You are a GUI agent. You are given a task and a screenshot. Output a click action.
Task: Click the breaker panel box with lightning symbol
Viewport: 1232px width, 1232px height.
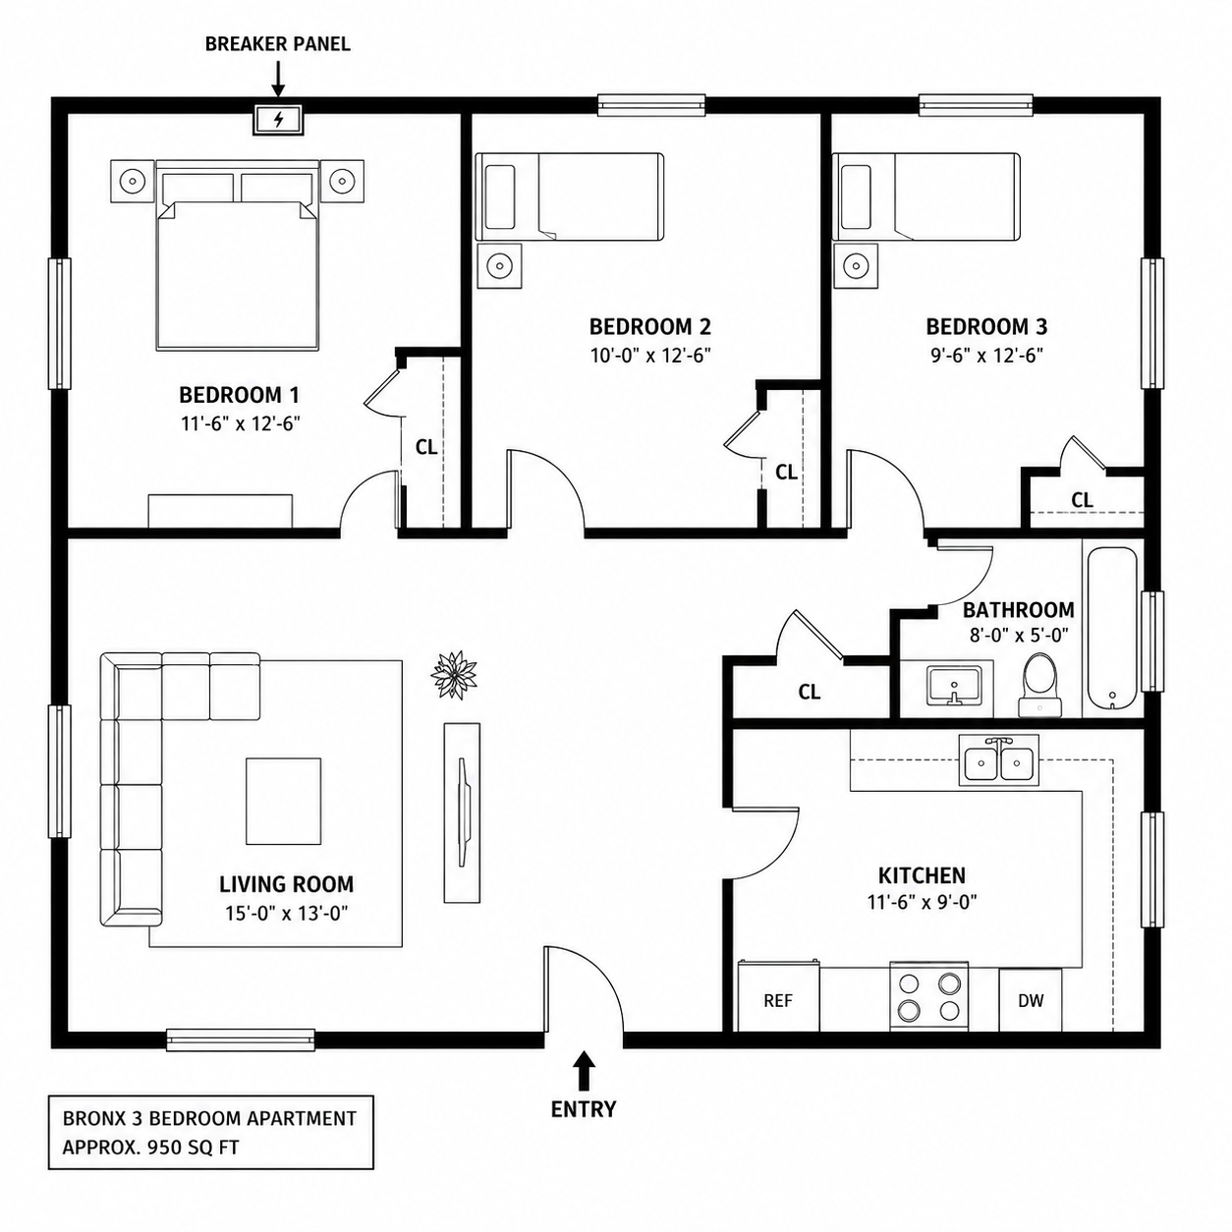(278, 119)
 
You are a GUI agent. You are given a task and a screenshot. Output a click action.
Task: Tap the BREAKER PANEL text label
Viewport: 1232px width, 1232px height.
(277, 44)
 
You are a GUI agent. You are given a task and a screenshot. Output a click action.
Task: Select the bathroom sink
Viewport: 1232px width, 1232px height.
(953, 686)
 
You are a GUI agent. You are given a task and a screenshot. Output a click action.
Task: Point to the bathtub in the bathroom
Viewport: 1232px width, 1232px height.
(1112, 627)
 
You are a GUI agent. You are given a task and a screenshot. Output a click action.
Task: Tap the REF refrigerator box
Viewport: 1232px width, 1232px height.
(778, 1000)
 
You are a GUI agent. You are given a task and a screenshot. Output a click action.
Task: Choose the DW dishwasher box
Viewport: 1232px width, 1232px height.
(1030, 999)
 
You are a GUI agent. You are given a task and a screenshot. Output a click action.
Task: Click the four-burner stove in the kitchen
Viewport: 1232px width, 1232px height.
(929, 996)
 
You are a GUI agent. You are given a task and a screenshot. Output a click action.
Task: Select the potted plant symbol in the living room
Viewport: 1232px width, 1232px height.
(455, 675)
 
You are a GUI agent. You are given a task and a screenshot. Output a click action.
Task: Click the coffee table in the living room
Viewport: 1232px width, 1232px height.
(283, 801)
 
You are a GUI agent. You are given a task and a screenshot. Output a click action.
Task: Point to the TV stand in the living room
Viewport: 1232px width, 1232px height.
(462, 812)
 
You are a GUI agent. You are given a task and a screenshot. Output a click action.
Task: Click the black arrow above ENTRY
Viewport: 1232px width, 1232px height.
(583, 1070)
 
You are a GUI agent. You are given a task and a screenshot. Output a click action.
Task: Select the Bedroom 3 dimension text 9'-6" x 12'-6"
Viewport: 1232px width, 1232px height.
(986, 355)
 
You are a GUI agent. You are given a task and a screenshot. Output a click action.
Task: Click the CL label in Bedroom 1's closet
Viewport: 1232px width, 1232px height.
(426, 447)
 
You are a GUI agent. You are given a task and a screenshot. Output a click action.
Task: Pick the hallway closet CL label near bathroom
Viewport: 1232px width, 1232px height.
(810, 691)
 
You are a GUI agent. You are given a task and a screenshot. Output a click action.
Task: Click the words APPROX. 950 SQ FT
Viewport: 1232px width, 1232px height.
(150, 1147)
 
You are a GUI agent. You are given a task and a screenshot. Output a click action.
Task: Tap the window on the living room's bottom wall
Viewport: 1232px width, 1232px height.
(241, 1039)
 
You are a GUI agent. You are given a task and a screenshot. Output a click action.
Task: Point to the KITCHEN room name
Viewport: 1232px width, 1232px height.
(922, 874)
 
